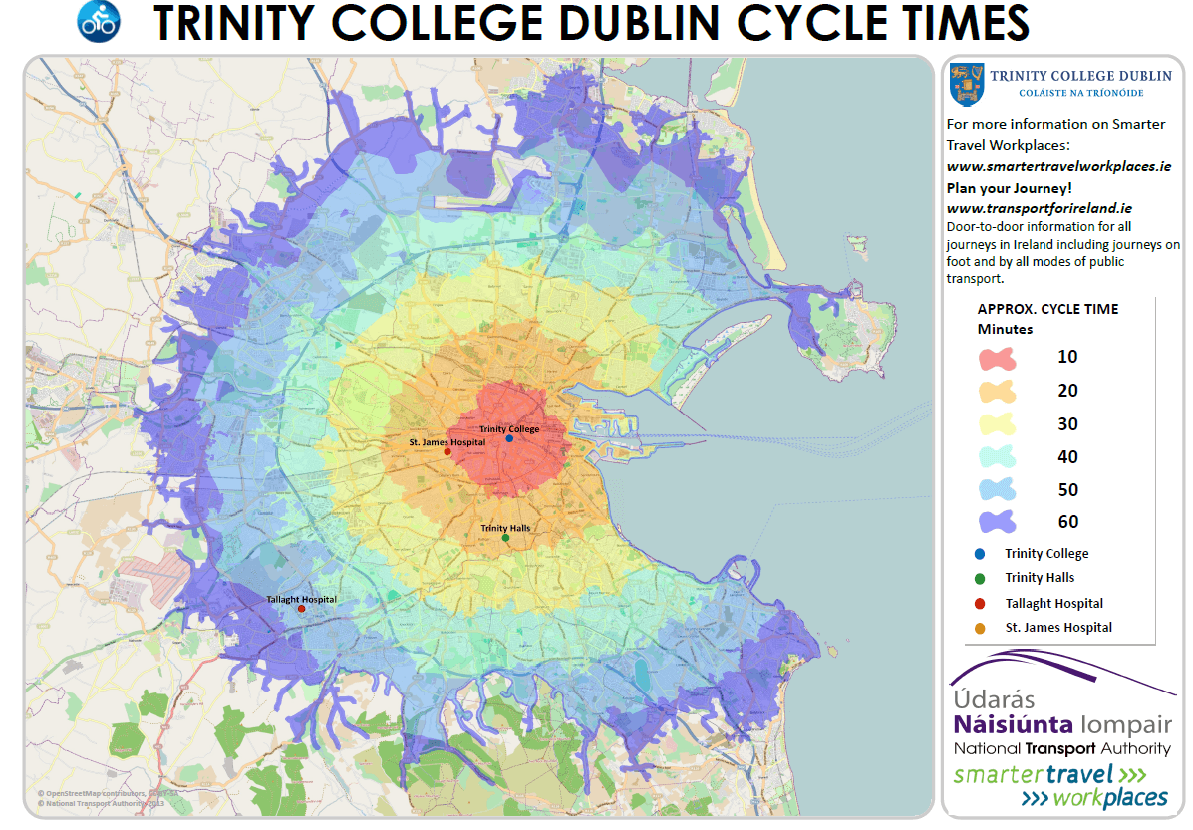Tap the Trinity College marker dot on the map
[x=509, y=438]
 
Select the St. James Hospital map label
[x=447, y=441]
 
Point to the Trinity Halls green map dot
[x=505, y=538]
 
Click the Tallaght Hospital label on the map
[x=301, y=599]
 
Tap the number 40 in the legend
[x=1067, y=457]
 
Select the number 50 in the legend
[x=1067, y=490]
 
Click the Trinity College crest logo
[x=965, y=84]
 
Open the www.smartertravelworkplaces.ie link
[x=1057, y=167]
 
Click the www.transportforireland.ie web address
[x=1039, y=208]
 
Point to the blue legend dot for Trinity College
[x=981, y=554]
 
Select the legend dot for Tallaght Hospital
[x=981, y=603]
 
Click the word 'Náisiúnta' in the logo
[x=1013, y=724]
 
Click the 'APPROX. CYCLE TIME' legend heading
[x=1047, y=309]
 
